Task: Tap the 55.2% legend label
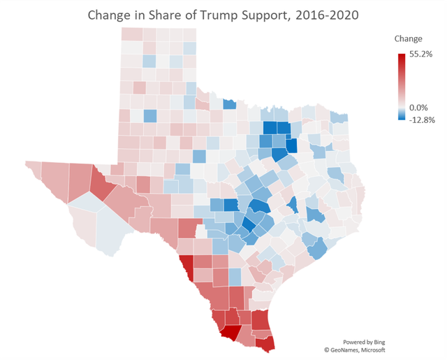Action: tap(421, 54)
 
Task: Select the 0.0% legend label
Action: tap(418, 107)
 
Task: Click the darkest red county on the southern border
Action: tap(230, 333)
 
